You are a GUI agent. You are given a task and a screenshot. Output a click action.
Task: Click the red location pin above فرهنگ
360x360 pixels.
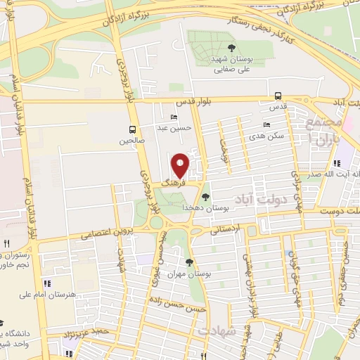click(x=181, y=165)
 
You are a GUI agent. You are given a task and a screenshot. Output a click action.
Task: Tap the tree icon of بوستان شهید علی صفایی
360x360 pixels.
click(x=232, y=48)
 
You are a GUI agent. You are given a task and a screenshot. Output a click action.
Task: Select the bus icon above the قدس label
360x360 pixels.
click(x=278, y=96)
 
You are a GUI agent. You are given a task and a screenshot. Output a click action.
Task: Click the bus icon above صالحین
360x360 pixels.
click(x=132, y=129)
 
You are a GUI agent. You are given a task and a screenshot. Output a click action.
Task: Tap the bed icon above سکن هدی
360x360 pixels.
click(x=266, y=124)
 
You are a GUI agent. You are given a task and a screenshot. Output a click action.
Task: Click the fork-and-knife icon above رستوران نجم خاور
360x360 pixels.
click(x=6, y=243)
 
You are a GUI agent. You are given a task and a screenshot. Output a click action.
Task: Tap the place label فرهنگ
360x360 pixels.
click(x=173, y=181)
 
